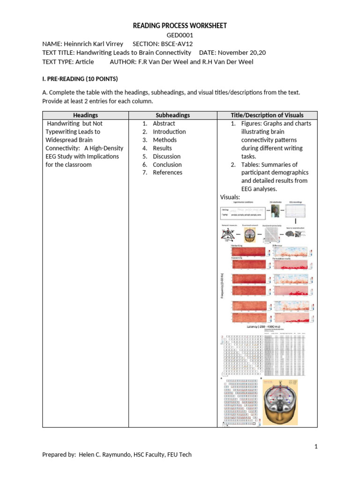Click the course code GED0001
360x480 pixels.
click(x=180, y=35)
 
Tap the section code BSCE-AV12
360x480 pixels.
click(x=177, y=44)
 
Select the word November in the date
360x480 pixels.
click(x=235, y=52)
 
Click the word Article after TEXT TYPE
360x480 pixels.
click(x=84, y=61)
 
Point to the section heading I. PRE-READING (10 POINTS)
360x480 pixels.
click(x=80, y=78)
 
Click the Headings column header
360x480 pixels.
click(x=85, y=115)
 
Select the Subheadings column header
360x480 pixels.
click(x=172, y=115)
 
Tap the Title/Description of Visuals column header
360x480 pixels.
click(x=267, y=115)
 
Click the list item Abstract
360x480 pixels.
click(x=164, y=124)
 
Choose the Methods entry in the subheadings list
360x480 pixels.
click(x=165, y=140)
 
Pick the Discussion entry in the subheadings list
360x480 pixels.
click(x=166, y=157)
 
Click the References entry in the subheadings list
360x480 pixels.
click(x=167, y=172)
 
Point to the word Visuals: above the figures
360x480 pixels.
click(x=230, y=197)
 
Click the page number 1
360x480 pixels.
click(x=316, y=446)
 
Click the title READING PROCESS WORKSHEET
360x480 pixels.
click(x=180, y=26)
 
